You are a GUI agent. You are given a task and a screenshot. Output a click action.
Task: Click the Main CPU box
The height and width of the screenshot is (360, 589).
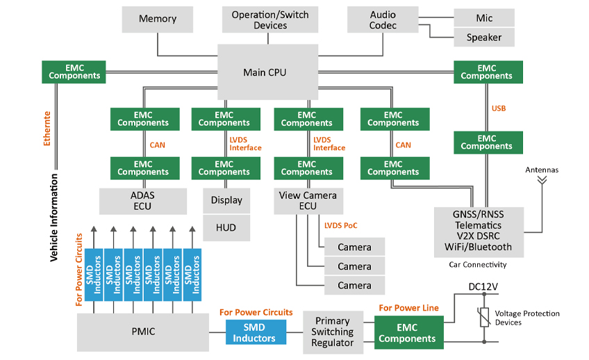265,72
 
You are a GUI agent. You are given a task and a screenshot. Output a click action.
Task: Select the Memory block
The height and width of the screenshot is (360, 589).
158,19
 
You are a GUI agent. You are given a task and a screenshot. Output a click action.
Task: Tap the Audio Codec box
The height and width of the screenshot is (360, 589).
383,19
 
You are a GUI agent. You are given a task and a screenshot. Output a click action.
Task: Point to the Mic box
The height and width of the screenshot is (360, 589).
484,18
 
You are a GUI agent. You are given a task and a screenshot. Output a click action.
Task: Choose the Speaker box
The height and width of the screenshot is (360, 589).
484,38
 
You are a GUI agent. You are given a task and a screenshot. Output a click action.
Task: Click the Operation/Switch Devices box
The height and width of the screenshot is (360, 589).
270,19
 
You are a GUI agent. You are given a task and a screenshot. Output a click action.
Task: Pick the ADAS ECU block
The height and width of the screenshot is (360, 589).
143,200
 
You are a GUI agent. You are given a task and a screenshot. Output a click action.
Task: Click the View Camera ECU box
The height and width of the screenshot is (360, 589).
308,200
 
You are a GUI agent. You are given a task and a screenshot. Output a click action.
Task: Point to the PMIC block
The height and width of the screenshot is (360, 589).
142,332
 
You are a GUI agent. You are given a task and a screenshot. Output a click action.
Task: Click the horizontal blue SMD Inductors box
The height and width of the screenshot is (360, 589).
255,332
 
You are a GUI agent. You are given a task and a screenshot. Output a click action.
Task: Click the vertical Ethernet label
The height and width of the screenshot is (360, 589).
47,129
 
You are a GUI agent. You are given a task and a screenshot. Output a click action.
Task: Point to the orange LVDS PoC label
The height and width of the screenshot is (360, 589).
341,225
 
